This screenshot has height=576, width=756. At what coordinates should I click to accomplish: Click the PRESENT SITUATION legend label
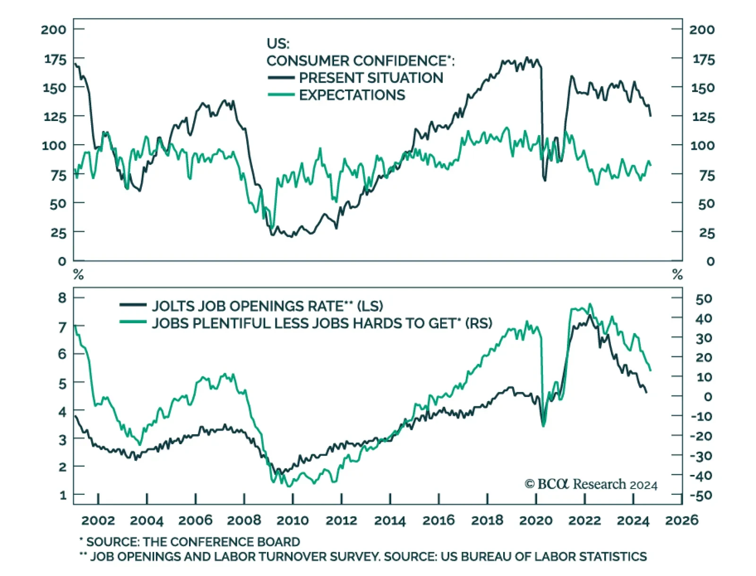click(x=371, y=78)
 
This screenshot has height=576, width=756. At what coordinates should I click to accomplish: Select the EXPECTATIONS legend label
click(x=352, y=95)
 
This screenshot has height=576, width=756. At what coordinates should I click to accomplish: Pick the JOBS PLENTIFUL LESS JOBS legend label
click(x=322, y=324)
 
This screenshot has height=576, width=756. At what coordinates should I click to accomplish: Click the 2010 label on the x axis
click(x=292, y=521)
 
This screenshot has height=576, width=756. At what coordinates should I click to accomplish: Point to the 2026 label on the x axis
click(x=681, y=520)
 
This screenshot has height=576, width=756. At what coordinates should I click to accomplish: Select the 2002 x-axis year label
click(x=98, y=521)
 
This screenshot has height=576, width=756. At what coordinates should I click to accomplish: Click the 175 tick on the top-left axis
click(x=55, y=59)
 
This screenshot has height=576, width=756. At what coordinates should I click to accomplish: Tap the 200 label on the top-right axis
click(x=702, y=30)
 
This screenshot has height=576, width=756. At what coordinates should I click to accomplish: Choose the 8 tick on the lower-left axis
click(x=62, y=298)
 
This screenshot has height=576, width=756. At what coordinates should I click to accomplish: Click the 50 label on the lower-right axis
click(x=704, y=299)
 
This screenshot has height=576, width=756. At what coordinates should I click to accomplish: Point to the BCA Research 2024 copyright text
click(x=591, y=484)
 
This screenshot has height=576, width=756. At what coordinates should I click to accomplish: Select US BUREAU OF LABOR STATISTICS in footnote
click(x=543, y=557)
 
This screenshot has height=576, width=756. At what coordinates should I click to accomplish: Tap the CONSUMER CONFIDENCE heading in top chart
click(x=359, y=61)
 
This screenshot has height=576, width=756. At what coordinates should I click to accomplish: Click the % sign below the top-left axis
click(x=78, y=275)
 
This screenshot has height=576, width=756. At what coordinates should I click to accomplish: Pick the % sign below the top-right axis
click(x=678, y=275)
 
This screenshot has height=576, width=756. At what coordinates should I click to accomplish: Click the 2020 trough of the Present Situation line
click(x=545, y=180)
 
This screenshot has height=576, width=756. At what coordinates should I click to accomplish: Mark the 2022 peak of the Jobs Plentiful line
click(x=590, y=304)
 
